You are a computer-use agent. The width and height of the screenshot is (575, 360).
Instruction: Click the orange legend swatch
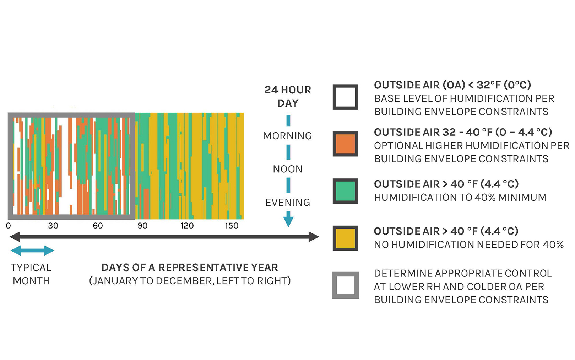click(345, 144)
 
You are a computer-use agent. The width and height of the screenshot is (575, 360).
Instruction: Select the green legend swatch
click(345, 191)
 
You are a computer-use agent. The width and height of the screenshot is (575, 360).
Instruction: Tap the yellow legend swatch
click(345, 238)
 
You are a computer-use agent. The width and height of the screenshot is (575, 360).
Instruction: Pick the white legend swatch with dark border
click(345, 97)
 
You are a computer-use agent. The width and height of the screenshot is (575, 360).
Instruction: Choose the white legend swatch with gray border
click(345, 285)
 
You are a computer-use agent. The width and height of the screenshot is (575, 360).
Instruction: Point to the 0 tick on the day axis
click(8, 226)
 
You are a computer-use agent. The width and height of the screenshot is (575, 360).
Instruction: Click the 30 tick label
click(53, 226)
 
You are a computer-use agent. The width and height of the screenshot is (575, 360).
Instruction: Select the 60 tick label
click(98, 226)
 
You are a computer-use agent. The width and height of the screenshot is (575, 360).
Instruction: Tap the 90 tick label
click(142, 226)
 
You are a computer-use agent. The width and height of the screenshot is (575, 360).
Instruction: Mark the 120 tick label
click(187, 226)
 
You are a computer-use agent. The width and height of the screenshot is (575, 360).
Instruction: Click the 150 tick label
click(232, 226)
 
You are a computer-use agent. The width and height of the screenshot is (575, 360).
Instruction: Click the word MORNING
click(287, 136)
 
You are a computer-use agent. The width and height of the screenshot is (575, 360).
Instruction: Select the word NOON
click(288, 169)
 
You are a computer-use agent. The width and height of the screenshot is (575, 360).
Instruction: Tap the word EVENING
click(288, 203)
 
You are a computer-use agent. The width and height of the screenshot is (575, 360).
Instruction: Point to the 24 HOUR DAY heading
click(288, 96)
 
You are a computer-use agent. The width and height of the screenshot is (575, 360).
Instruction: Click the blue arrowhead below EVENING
click(288, 221)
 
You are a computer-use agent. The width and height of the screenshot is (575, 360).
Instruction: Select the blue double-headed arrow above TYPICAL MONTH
click(32, 251)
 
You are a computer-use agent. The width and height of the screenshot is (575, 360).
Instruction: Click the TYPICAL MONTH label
click(31, 274)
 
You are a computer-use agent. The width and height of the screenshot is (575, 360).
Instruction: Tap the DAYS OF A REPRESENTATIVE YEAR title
click(190, 268)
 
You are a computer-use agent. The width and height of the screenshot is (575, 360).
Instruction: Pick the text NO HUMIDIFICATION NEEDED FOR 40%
click(468, 245)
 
